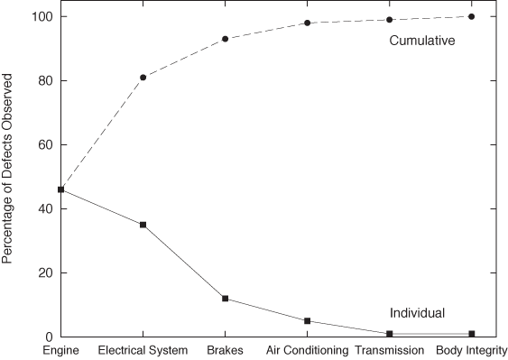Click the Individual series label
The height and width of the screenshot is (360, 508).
pyautogui.click(x=417, y=313)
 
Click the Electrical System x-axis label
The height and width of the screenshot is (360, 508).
pyautogui.click(x=143, y=350)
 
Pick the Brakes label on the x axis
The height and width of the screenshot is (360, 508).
pyautogui.click(x=225, y=350)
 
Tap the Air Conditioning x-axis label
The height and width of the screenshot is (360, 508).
pyautogui.click(x=307, y=350)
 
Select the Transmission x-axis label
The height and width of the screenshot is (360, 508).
pyautogui.click(x=389, y=350)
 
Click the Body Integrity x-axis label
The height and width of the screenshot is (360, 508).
pyautogui.click(x=471, y=350)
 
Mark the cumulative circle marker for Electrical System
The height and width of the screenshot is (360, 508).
pyautogui.click(x=143, y=78)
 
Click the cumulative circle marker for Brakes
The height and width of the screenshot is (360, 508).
pyautogui.click(x=225, y=39)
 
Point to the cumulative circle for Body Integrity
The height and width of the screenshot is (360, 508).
pyautogui.click(x=471, y=16)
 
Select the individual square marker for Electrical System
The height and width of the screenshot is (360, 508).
pyautogui.click(x=143, y=225)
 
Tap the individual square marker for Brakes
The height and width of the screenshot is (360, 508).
pyautogui.click(x=225, y=299)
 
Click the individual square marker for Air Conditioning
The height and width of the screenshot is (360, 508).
pyautogui.click(x=307, y=321)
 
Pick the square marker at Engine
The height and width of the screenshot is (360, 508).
pyautogui.click(x=60, y=189)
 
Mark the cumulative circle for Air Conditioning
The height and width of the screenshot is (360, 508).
pyautogui.click(x=307, y=23)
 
